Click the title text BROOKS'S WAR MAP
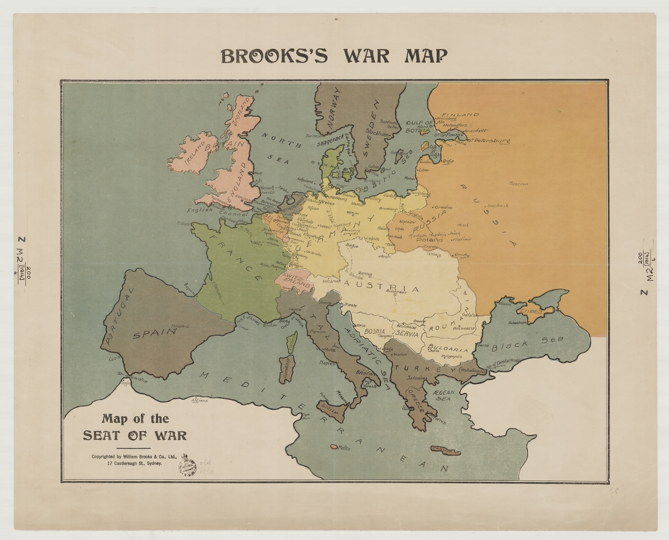[334, 56]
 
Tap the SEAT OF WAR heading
[135, 435]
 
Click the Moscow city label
[518, 184]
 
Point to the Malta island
[332, 447]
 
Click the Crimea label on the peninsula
[531, 312]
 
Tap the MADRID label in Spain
[181, 326]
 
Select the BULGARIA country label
[448, 348]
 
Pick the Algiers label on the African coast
[199, 400]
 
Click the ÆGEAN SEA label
[442, 394]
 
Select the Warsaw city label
[407, 222]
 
